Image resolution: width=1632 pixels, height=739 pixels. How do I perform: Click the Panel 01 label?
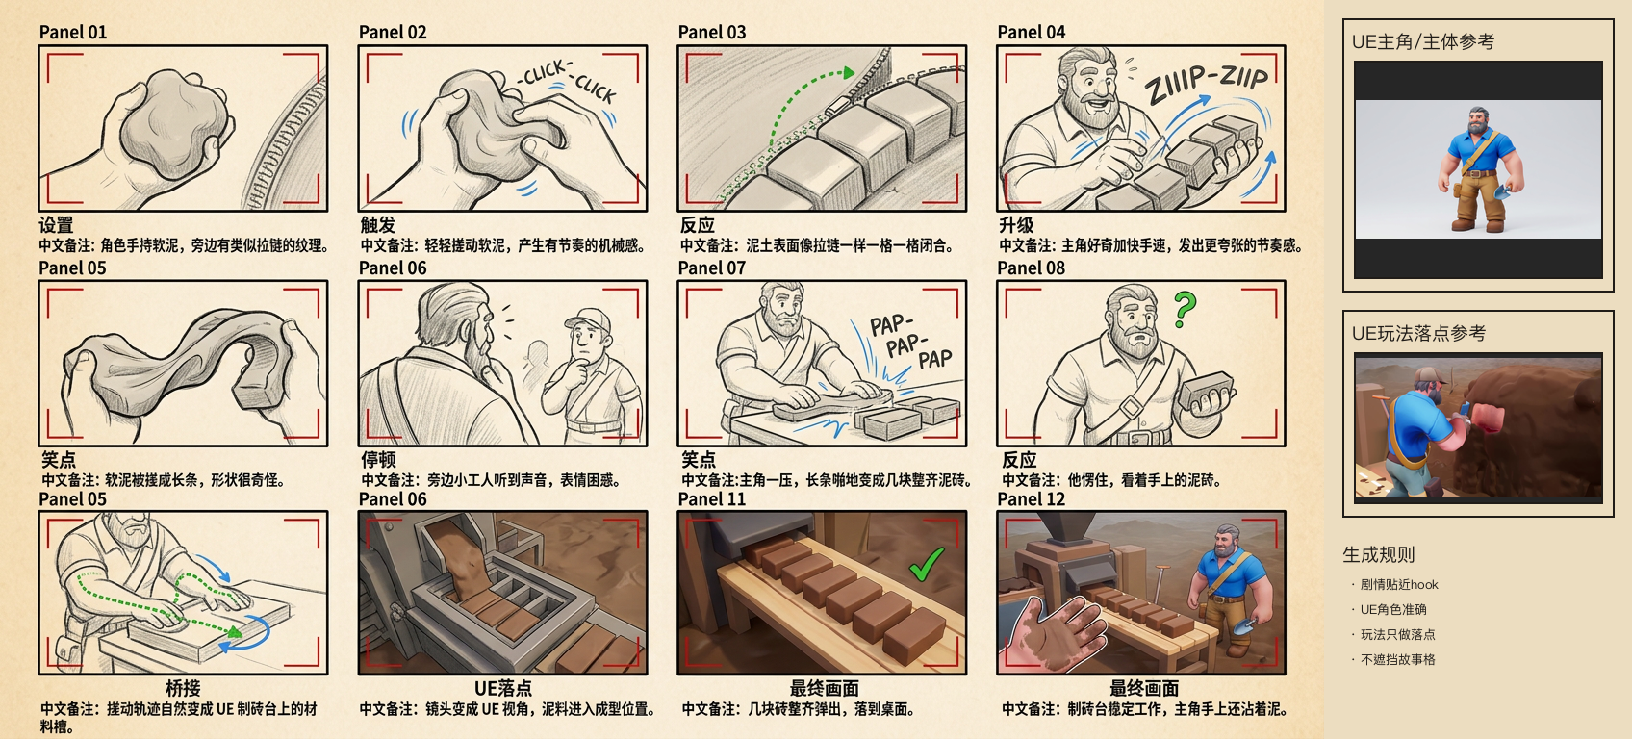[x=73, y=32]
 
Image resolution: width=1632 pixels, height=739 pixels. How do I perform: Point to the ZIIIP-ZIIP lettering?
[x=1206, y=83]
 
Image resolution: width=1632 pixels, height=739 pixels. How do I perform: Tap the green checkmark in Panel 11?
[x=927, y=564]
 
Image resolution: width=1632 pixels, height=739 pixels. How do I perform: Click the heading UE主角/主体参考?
[x=1423, y=41]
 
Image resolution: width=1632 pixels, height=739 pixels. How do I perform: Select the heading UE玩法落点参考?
[x=1418, y=333]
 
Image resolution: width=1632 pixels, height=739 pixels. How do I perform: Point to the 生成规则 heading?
[x=1379, y=554]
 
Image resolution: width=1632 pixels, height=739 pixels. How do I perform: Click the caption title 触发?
[x=378, y=224]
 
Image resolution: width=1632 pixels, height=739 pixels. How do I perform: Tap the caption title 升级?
[x=1016, y=224]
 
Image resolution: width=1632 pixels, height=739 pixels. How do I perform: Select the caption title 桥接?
[x=183, y=688]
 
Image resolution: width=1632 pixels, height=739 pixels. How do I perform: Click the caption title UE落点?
[x=502, y=688]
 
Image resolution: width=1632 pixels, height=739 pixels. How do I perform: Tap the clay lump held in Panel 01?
[x=174, y=116]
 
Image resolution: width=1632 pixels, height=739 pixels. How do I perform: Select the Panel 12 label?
[x=1031, y=499]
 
